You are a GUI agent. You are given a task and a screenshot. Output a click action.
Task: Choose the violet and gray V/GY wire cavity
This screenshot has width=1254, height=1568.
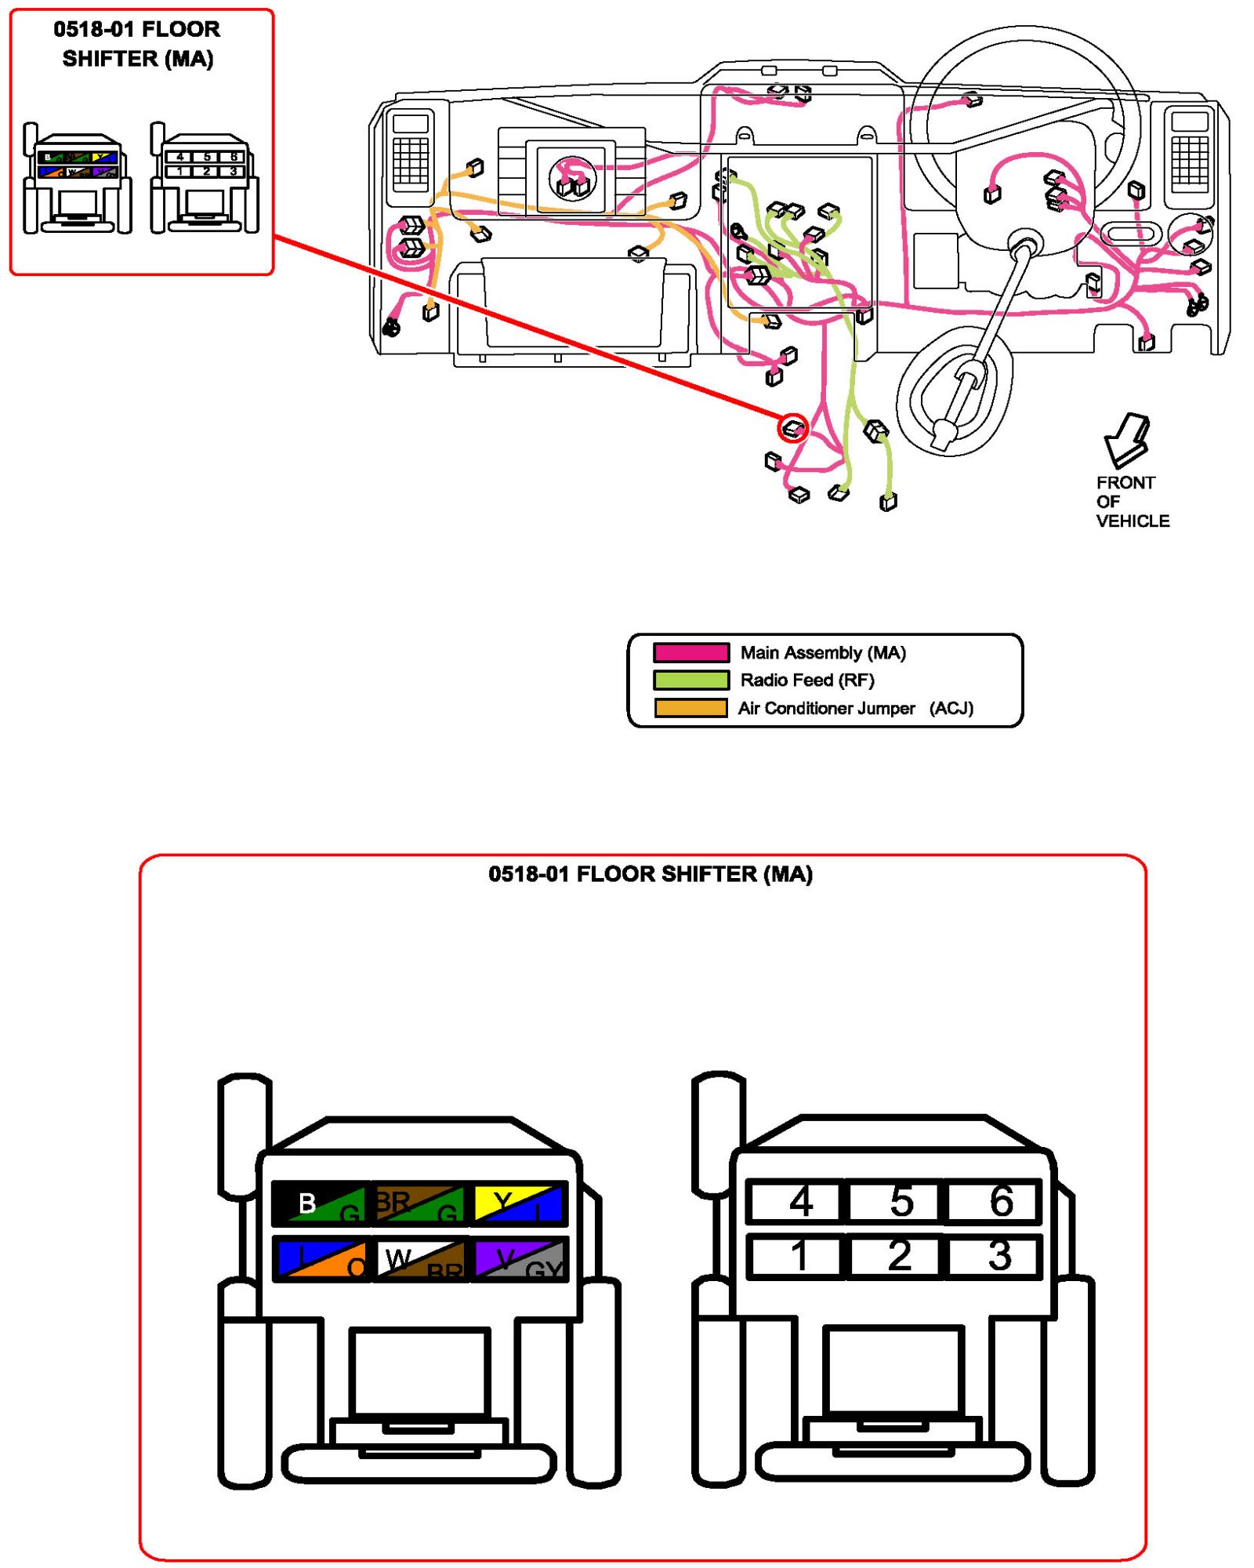(520, 1258)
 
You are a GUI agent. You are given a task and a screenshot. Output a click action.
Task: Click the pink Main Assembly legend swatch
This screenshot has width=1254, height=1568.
(691, 652)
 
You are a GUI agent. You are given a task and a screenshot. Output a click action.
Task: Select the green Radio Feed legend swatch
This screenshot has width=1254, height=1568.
(691, 680)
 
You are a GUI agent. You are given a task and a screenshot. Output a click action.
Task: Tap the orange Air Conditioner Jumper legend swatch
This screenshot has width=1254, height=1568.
(691, 708)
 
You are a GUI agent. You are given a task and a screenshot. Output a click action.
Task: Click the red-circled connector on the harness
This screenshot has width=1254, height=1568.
(793, 428)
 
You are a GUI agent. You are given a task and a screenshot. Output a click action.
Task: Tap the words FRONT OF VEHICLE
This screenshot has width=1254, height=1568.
(1131, 502)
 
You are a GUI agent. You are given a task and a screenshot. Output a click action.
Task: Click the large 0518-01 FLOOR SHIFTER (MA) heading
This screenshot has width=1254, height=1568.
(651, 874)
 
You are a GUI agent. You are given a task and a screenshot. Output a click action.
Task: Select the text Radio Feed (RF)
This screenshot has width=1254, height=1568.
(807, 680)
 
